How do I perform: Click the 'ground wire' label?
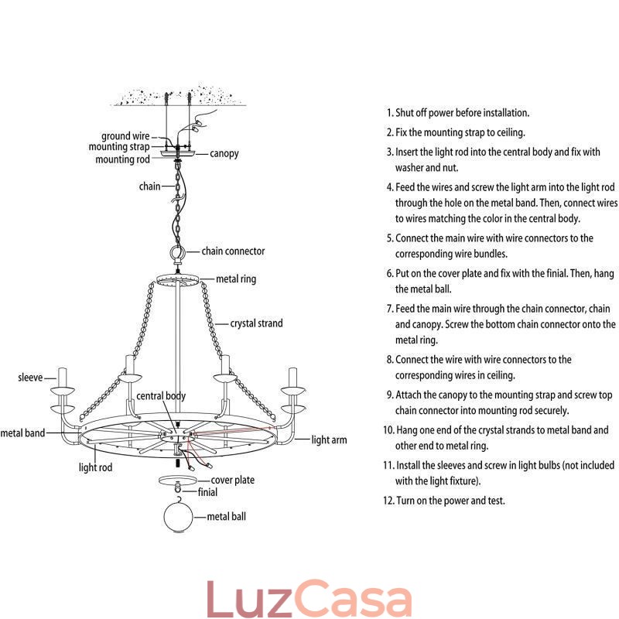pyautogui.click(x=125, y=136)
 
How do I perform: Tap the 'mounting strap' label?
pyautogui.click(x=118, y=147)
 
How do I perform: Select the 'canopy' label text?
pyautogui.click(x=224, y=153)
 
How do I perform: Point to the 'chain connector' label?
pyautogui.click(x=233, y=251)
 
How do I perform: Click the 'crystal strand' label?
pyautogui.click(x=256, y=323)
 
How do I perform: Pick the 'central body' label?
pyautogui.click(x=161, y=396)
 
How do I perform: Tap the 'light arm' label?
pyautogui.click(x=329, y=440)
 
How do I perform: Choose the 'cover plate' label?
pyautogui.click(x=232, y=480)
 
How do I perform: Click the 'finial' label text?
pyautogui.click(x=207, y=492)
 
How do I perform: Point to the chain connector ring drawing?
pyautogui.click(x=178, y=253)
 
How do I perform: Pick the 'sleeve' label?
pyautogui.click(x=30, y=378)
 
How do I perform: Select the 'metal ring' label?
pyautogui.click(x=236, y=279)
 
